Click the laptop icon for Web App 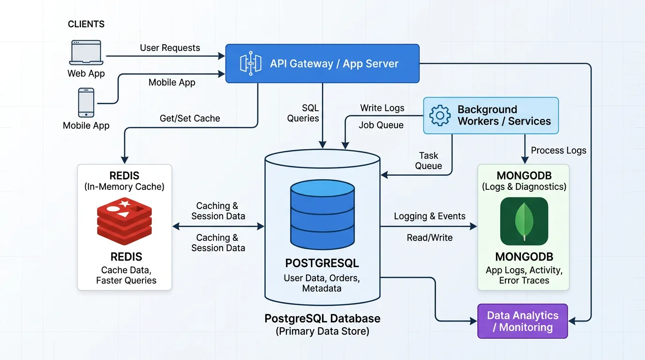pos(86,52)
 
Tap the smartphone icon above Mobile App pos(86,103)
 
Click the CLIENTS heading pos(86,24)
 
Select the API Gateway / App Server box pos(322,63)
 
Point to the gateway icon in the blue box pos(251,63)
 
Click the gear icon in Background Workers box pos(440,115)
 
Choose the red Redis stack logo pos(124,221)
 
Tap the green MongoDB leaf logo pos(524,221)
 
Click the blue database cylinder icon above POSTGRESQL pos(322,214)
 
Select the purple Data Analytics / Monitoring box pos(523,321)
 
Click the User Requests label pos(170,48)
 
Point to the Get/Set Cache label pos(190,119)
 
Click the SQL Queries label pos(303,113)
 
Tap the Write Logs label pos(382,108)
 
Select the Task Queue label pos(428,161)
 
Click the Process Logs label pos(559,150)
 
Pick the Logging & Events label pos(430,216)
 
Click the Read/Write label pos(430,238)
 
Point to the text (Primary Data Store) pos(322,331)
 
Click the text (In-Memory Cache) pos(124,187)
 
